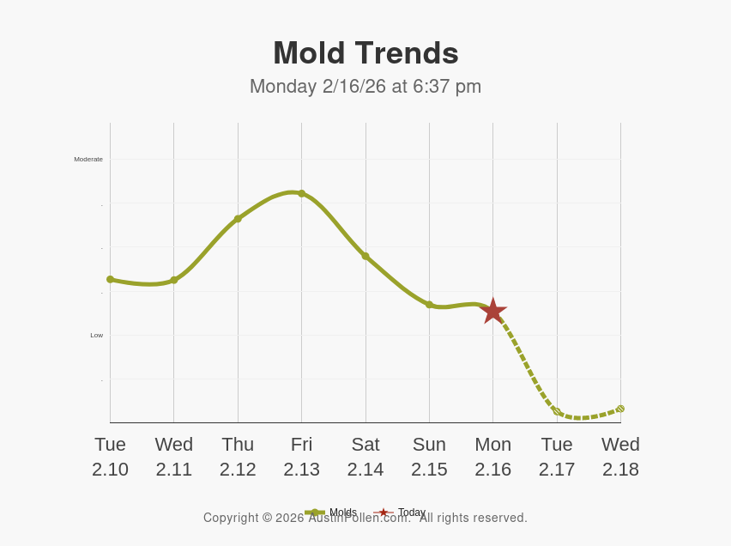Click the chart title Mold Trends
(x=365, y=53)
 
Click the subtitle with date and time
(x=365, y=87)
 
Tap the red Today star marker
(x=492, y=311)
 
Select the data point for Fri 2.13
(x=301, y=194)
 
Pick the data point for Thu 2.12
(x=238, y=219)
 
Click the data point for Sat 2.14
(x=365, y=256)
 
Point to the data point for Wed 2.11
(x=174, y=280)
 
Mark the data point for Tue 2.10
(x=110, y=279)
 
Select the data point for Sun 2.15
(x=429, y=304)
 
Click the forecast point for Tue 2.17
(x=557, y=412)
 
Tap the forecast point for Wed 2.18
(x=620, y=409)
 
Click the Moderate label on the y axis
(x=88, y=159)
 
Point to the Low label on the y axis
(x=96, y=335)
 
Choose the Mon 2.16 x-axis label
(x=492, y=457)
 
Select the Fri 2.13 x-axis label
(x=301, y=457)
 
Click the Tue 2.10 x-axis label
(x=110, y=457)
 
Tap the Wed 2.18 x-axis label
(x=620, y=457)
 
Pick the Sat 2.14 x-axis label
(x=365, y=457)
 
